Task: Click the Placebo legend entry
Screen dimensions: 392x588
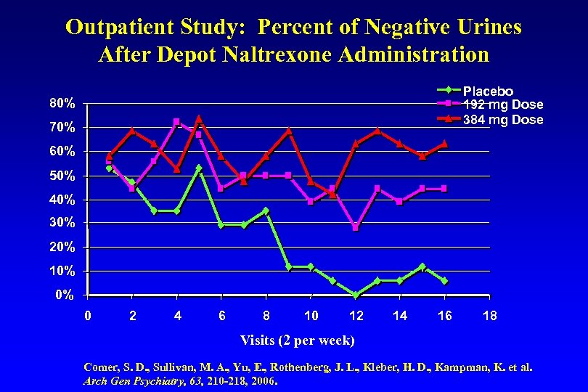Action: pos(488,91)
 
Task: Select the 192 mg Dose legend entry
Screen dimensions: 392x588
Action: pos(502,105)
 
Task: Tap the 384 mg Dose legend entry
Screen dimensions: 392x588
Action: pos(502,120)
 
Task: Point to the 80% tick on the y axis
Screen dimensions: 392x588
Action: pos(62,103)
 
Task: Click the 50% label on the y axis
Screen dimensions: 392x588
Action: pos(62,176)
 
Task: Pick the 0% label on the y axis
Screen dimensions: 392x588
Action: pos(65,295)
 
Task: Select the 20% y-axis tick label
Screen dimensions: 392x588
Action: pos(62,247)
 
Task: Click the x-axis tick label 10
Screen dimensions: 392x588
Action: pos(311,315)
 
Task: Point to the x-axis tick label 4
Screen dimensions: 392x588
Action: pos(177,315)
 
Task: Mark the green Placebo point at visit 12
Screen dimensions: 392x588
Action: pos(356,295)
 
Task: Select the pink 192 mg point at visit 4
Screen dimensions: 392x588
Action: pos(176,122)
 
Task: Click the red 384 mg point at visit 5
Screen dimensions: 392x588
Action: pos(199,119)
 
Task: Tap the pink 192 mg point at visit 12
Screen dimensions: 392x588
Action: pos(356,227)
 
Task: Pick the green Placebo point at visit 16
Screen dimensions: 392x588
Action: pos(444,281)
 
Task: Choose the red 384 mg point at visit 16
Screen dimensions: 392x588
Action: pos(444,144)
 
